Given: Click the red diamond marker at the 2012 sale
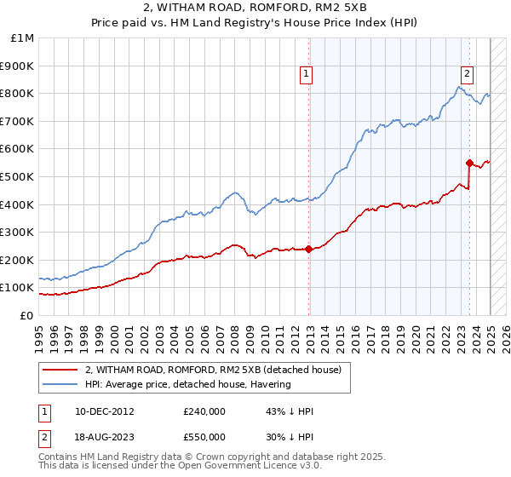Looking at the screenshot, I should (x=308, y=249).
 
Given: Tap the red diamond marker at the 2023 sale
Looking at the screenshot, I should (x=469, y=162).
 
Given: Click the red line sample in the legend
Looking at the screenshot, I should (x=60, y=370).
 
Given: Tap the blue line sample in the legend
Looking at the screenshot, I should (x=60, y=384).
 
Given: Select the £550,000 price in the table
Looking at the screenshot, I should (x=204, y=437).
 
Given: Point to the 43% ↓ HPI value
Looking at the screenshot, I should (x=290, y=411).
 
